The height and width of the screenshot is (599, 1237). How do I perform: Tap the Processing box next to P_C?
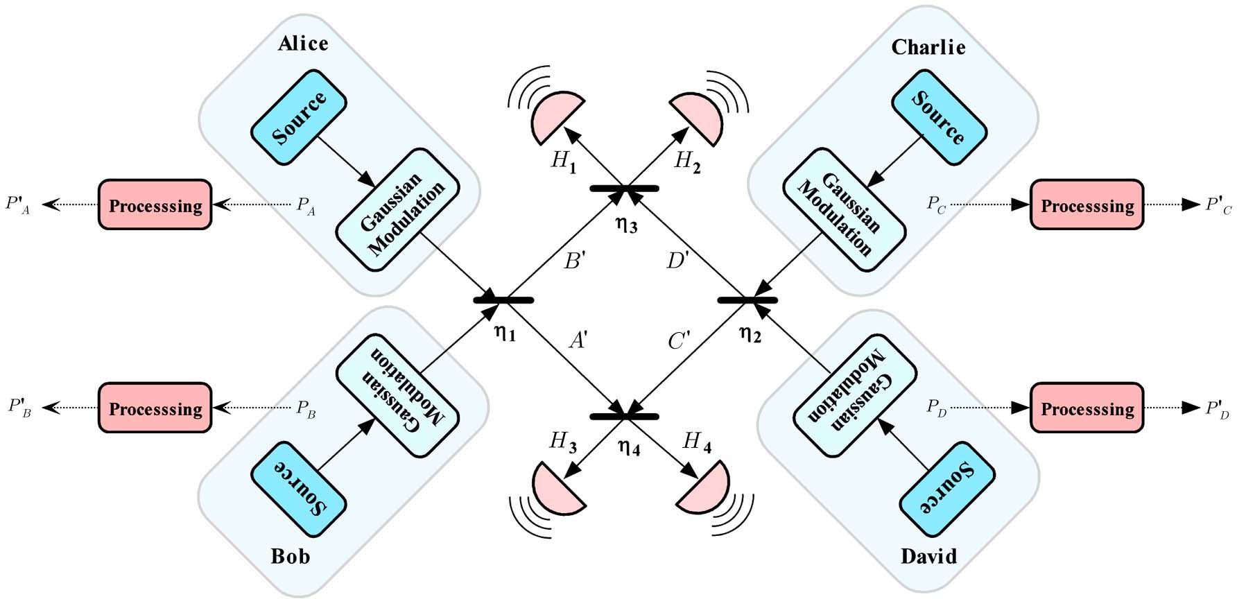point(1087,205)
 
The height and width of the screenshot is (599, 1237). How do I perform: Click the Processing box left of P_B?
point(155,408)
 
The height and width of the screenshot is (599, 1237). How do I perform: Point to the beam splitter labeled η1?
point(503,299)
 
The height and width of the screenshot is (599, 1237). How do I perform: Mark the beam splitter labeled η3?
point(624,188)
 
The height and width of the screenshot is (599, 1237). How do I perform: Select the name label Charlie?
point(928,47)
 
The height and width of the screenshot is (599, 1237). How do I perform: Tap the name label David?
point(928,556)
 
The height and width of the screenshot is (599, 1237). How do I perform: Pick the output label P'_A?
point(19,205)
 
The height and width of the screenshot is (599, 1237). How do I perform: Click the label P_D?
point(937,408)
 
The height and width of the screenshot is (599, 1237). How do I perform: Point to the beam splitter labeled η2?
point(747,299)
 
